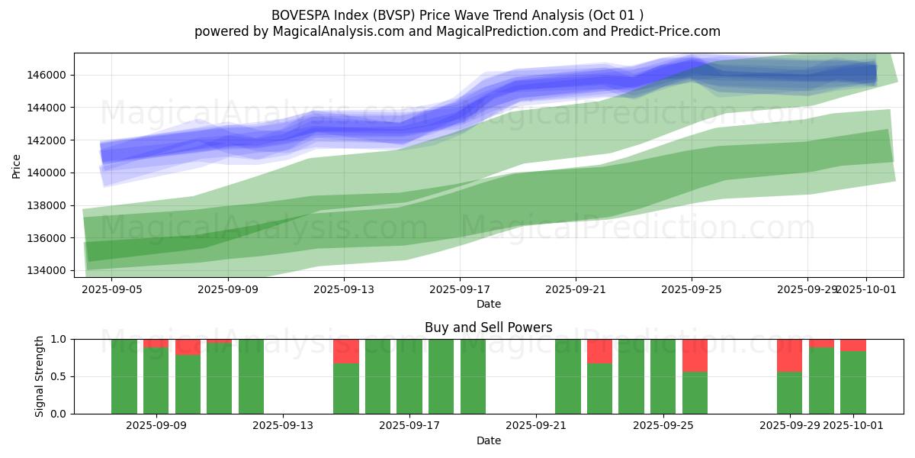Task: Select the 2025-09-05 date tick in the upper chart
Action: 111,289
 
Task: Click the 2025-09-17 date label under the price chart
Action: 459,289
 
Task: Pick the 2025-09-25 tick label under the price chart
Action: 691,289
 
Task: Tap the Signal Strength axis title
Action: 40,376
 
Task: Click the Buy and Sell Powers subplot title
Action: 488,328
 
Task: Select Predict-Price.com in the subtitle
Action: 670,31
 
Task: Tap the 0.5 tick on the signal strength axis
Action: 59,376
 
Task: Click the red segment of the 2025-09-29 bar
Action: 789,355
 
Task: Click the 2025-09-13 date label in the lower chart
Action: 283,425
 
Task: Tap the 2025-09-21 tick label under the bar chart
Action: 536,425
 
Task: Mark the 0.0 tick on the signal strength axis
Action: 59,414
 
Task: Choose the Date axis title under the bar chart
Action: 488,440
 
